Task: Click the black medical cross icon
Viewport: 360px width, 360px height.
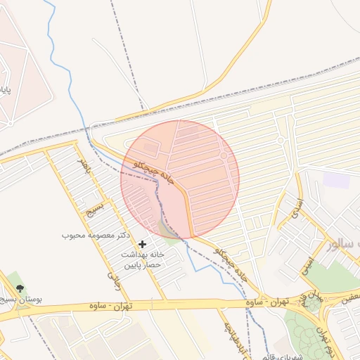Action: [143, 244]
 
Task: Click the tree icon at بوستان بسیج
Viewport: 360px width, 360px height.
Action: [19, 288]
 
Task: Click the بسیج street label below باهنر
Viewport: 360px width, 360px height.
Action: [92, 210]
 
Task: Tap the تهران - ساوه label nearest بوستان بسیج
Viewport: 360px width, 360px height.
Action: [112, 307]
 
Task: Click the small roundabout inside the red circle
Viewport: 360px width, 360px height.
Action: [224, 155]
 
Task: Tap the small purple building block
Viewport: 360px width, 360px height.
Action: [336, 180]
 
